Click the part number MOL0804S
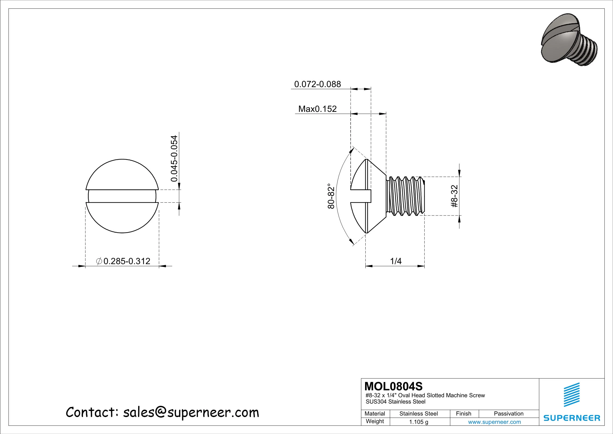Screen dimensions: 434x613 393,386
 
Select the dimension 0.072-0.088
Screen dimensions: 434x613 317,84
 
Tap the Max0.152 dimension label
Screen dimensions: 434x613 317,109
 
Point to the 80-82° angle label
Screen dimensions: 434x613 331,196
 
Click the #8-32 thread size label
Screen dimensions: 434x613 454,196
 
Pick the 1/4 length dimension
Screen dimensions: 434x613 396,261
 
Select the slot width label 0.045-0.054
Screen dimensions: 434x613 174,159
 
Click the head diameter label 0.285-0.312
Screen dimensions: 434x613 123,261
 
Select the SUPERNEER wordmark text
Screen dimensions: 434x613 572,418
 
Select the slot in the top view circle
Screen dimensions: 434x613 122,196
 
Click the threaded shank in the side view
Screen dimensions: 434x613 405,196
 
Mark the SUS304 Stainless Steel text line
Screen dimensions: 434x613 395,402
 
